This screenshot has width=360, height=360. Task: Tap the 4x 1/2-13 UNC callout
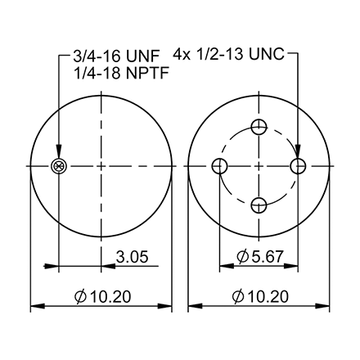point(229,56)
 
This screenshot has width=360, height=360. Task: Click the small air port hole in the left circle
point(58,166)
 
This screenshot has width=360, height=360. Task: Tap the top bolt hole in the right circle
point(259,126)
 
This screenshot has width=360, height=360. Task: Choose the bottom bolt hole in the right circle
point(259,205)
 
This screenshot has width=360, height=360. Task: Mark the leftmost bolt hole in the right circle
point(219,166)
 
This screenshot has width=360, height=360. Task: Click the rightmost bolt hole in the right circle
point(299,166)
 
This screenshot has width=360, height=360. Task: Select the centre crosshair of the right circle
point(259,166)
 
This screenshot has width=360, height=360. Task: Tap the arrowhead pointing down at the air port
point(58,155)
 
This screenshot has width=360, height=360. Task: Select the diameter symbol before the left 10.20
point(81,295)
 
